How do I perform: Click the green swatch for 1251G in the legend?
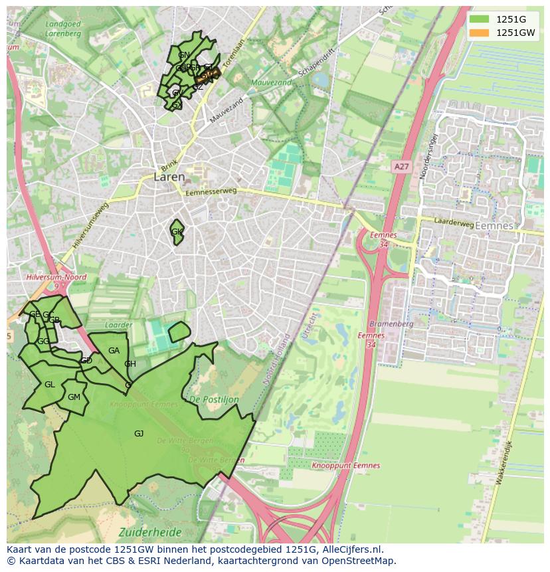[x=479, y=20]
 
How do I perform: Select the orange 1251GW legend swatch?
[x=479, y=33]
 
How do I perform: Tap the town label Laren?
[x=169, y=177]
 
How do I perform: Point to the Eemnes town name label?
[x=494, y=226]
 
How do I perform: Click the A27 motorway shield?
[x=401, y=167]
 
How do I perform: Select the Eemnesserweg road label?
[x=211, y=192]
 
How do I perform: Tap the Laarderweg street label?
[x=454, y=224]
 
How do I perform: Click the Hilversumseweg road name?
[x=90, y=225]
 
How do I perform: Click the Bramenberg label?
[x=391, y=324]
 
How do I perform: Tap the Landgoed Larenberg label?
[x=63, y=29]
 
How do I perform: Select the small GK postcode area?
[x=177, y=232]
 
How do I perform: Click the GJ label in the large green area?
[x=139, y=434]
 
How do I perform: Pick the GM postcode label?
[x=74, y=397]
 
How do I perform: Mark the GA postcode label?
[x=114, y=351]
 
